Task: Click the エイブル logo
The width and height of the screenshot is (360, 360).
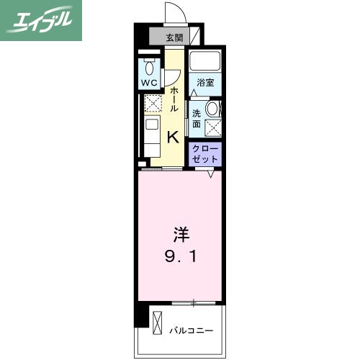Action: (41, 19)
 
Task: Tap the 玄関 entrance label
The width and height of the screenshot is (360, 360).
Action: (174, 37)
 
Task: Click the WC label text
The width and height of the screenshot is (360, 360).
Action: (150, 83)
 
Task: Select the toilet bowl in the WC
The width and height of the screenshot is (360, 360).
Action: (150, 68)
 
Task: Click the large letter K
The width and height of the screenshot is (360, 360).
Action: (174, 136)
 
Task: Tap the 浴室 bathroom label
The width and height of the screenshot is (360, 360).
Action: (205, 82)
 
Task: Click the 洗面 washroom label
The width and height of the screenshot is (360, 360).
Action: (197, 117)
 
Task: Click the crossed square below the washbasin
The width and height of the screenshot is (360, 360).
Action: (213, 128)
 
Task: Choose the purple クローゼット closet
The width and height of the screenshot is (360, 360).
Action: (205, 152)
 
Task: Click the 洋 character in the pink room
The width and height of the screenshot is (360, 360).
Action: (179, 234)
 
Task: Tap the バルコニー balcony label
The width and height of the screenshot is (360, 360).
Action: (191, 330)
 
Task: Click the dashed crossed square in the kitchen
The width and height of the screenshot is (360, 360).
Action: (152, 105)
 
